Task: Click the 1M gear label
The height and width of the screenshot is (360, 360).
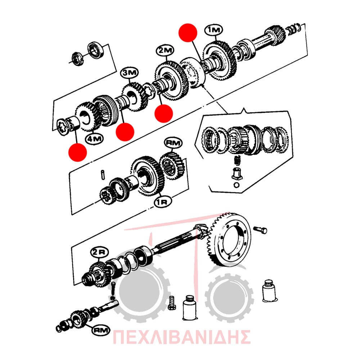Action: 213,30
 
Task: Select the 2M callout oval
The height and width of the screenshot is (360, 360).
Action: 165,51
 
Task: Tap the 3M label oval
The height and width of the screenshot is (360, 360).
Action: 130,73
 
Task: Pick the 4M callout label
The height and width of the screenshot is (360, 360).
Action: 94,139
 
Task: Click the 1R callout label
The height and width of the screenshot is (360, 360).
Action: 163,201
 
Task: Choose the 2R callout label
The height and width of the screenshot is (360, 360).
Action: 99,252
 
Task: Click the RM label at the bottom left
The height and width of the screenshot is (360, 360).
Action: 100,330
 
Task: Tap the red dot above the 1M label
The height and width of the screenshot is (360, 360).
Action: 188,33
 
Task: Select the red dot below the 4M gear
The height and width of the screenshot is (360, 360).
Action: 78,152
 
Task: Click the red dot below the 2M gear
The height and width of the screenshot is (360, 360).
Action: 163,113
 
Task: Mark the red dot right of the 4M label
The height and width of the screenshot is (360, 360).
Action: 125,132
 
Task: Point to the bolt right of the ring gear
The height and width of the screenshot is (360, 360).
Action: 261,229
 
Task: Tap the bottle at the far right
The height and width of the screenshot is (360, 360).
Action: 269,291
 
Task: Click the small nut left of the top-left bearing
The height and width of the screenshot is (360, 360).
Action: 77,59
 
